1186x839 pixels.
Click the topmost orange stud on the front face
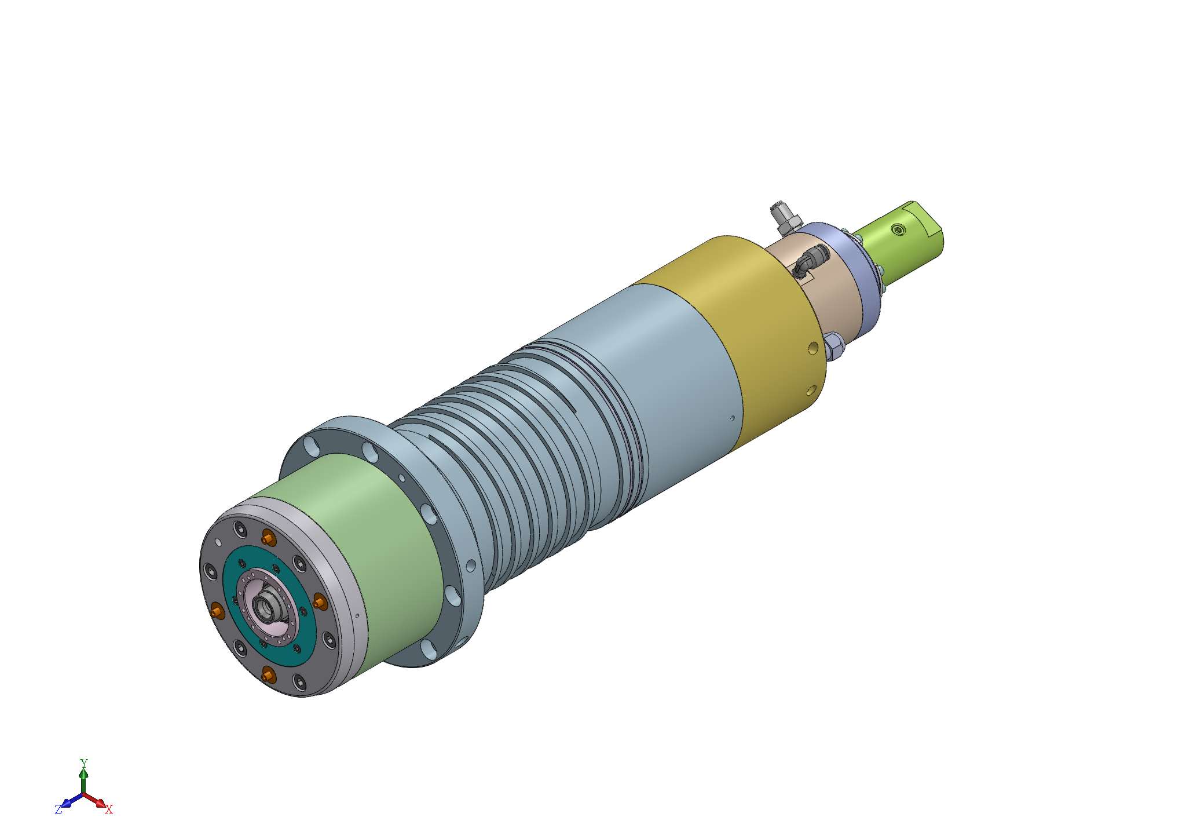click(268, 538)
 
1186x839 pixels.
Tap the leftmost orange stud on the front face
click(217, 610)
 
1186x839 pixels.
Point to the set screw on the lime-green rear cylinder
click(898, 229)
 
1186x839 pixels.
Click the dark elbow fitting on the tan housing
click(810, 260)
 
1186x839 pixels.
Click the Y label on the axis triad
click(83, 763)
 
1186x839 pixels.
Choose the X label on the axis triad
click(108, 809)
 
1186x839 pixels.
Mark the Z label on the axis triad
click(58, 809)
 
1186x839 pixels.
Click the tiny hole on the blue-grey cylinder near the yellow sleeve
click(732, 418)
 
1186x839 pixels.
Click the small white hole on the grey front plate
click(218, 542)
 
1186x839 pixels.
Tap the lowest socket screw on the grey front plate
click(299, 681)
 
